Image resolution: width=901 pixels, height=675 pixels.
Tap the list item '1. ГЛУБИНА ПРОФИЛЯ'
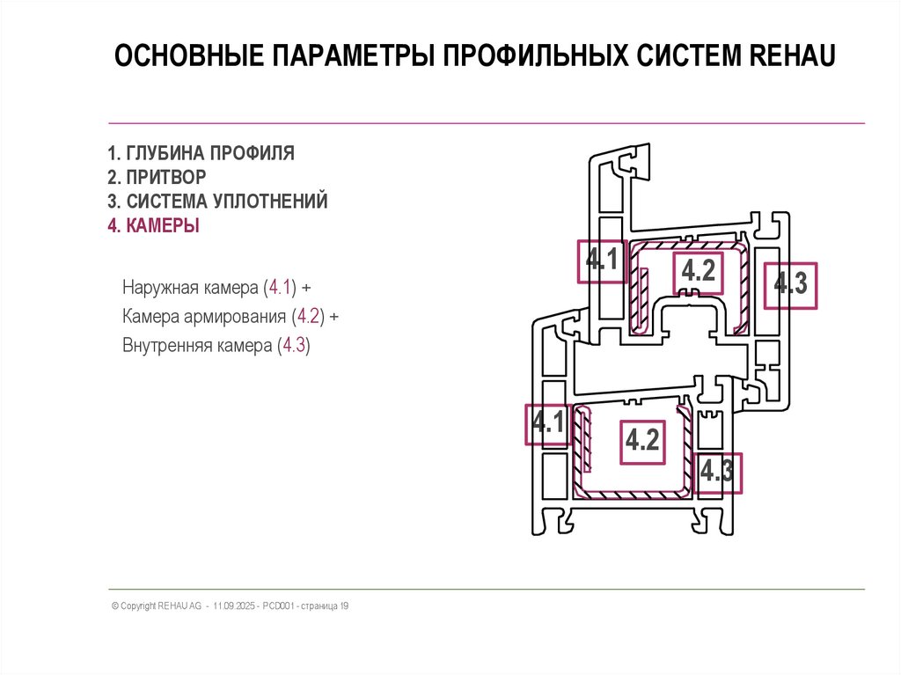coord(201,153)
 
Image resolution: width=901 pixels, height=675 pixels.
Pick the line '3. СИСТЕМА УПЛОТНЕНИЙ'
coord(217,202)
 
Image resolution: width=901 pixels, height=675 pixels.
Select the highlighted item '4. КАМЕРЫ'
coord(153,226)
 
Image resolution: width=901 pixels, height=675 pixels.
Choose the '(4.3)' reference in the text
coord(293,346)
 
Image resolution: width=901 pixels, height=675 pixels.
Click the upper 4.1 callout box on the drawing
coord(602,261)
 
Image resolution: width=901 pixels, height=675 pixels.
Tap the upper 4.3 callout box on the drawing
coord(790,285)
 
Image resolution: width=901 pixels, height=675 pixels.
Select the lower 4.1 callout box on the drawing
coord(547,425)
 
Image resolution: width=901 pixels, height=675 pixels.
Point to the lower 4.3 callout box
coord(717,473)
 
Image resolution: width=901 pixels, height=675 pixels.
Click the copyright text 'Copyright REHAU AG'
coord(157,606)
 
